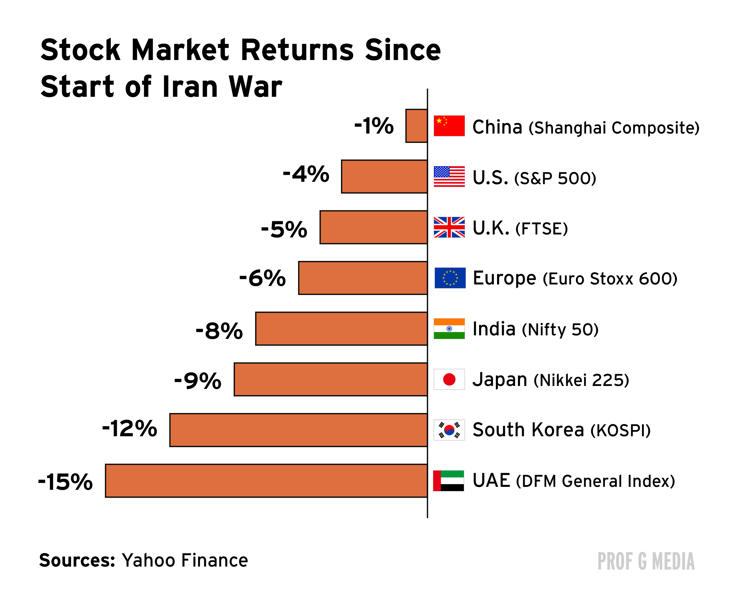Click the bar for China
click(x=416, y=126)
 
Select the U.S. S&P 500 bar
click(x=384, y=177)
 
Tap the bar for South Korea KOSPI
click(x=298, y=430)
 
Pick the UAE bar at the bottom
click(x=266, y=481)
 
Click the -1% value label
click(x=374, y=126)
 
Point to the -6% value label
click(x=262, y=278)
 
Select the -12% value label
click(x=130, y=429)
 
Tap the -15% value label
click(x=66, y=482)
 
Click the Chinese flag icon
click(x=449, y=126)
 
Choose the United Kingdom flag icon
click(x=449, y=227)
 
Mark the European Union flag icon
click(x=450, y=278)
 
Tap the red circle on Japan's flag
click(x=449, y=379)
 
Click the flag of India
click(x=449, y=329)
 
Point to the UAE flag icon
click(x=448, y=481)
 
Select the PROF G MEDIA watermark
click(x=646, y=562)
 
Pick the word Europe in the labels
click(x=504, y=279)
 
